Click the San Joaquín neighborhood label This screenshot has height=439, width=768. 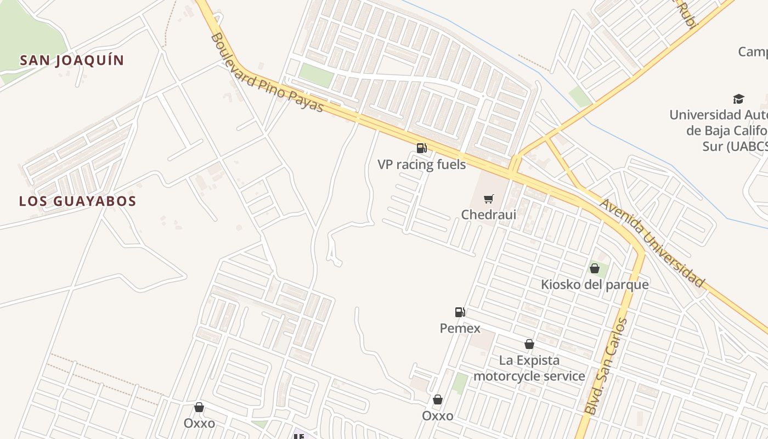[72, 60]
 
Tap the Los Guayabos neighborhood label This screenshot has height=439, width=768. [77, 201]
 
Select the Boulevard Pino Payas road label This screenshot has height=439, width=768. [267, 73]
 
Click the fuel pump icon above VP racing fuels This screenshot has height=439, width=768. [421, 148]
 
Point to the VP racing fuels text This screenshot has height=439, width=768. [421, 164]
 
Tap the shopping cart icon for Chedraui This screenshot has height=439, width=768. [488, 199]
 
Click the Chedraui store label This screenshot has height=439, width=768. [488, 214]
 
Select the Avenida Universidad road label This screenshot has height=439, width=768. [652, 243]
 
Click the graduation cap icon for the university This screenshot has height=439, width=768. [738, 99]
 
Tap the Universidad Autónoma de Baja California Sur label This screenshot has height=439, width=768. [719, 131]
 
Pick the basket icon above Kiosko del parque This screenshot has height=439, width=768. [594, 268]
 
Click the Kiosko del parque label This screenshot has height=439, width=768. [595, 284]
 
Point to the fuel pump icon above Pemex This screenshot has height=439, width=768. [460, 312]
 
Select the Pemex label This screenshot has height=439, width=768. [460, 328]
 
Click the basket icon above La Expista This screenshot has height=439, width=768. [529, 344]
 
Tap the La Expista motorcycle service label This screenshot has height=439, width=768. [529, 368]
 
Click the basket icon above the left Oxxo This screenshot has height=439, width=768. [199, 407]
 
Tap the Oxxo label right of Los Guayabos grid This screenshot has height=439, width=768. [437, 416]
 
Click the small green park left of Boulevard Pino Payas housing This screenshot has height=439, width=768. [317, 75]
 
